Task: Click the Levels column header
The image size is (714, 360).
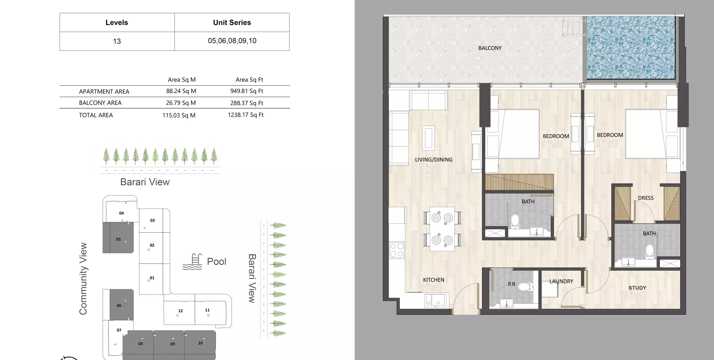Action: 117,22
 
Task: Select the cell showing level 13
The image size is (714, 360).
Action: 117,41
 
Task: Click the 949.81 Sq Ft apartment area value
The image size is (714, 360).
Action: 246,91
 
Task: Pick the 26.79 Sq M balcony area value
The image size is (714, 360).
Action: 181,103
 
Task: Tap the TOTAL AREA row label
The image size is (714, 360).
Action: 96,115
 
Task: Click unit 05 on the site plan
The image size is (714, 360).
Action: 118,239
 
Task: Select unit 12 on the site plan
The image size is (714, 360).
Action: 180,311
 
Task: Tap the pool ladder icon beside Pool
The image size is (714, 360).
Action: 193,261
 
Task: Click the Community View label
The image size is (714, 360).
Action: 83,279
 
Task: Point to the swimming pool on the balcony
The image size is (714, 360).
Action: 631,48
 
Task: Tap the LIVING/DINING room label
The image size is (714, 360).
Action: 434,159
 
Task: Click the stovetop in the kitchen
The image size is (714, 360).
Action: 397,250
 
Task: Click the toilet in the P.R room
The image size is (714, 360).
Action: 525,287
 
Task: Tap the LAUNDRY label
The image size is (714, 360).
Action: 561,281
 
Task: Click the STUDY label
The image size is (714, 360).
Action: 637,288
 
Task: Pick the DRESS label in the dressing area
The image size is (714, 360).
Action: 645,198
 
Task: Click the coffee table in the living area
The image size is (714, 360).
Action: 428,138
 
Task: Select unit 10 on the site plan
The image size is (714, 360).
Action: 200,343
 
